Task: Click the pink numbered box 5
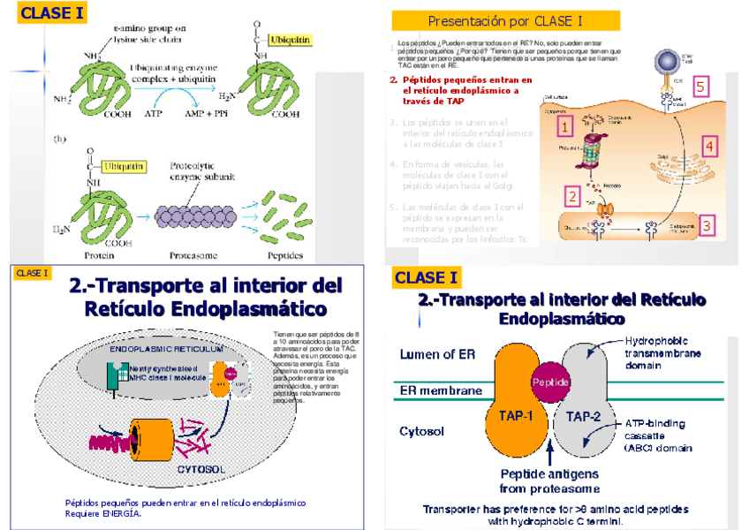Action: pos(700,87)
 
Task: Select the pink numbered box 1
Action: pos(564,127)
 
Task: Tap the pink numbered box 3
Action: pos(707,226)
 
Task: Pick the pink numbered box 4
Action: pos(708,146)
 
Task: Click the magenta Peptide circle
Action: pos(549,382)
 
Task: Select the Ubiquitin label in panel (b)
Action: pos(124,165)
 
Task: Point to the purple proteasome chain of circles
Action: pos(194,216)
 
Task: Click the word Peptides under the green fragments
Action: pos(284,256)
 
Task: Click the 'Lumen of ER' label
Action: pos(437,354)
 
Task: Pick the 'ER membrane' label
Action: pos(441,390)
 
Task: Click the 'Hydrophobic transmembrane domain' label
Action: pos(662,352)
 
